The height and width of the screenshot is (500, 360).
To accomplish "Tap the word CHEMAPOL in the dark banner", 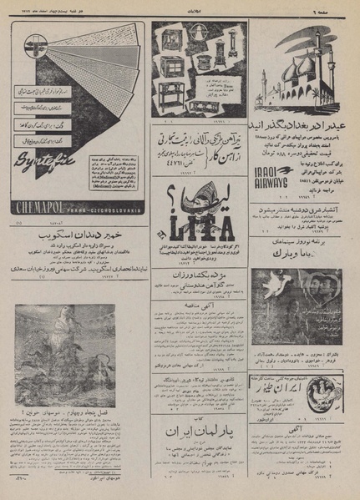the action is pyautogui.click(x=42, y=213).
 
